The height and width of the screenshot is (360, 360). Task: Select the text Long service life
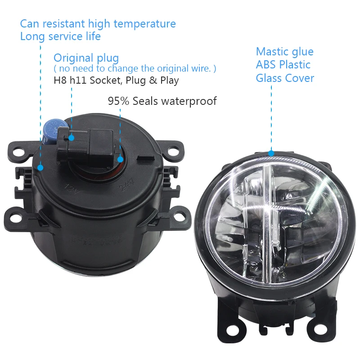(x=60, y=36)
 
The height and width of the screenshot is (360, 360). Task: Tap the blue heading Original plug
(x=86, y=58)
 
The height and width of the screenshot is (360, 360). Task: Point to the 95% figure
(x=118, y=101)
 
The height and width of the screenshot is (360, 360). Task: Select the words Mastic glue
(x=284, y=51)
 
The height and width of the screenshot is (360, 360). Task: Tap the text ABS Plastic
(x=283, y=64)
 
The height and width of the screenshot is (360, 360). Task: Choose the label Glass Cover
(x=285, y=78)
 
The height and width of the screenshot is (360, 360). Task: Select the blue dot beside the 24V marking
(x=121, y=159)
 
